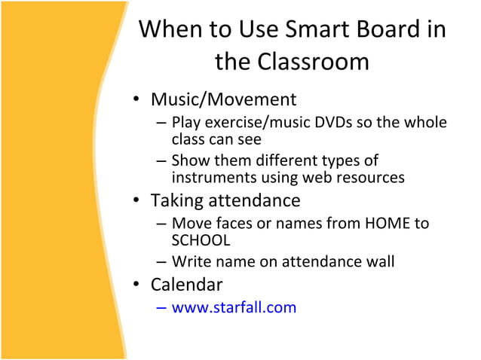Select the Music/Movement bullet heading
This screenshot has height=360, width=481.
click(x=223, y=99)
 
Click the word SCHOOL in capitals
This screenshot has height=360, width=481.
click(x=201, y=240)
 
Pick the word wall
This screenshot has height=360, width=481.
click(x=381, y=262)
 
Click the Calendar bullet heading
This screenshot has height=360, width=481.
click(x=187, y=285)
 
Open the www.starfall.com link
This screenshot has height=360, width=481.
click(x=234, y=307)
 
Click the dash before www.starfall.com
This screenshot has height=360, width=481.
click(x=162, y=307)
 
